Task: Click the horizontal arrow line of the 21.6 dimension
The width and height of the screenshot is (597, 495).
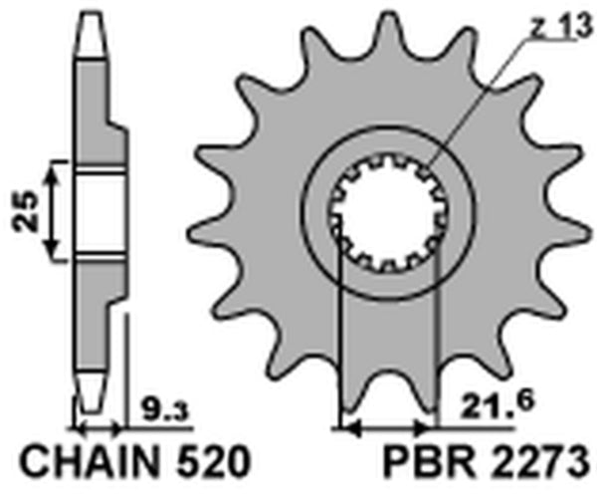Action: click(389, 430)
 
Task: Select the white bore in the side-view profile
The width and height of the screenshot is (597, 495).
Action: click(99, 211)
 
